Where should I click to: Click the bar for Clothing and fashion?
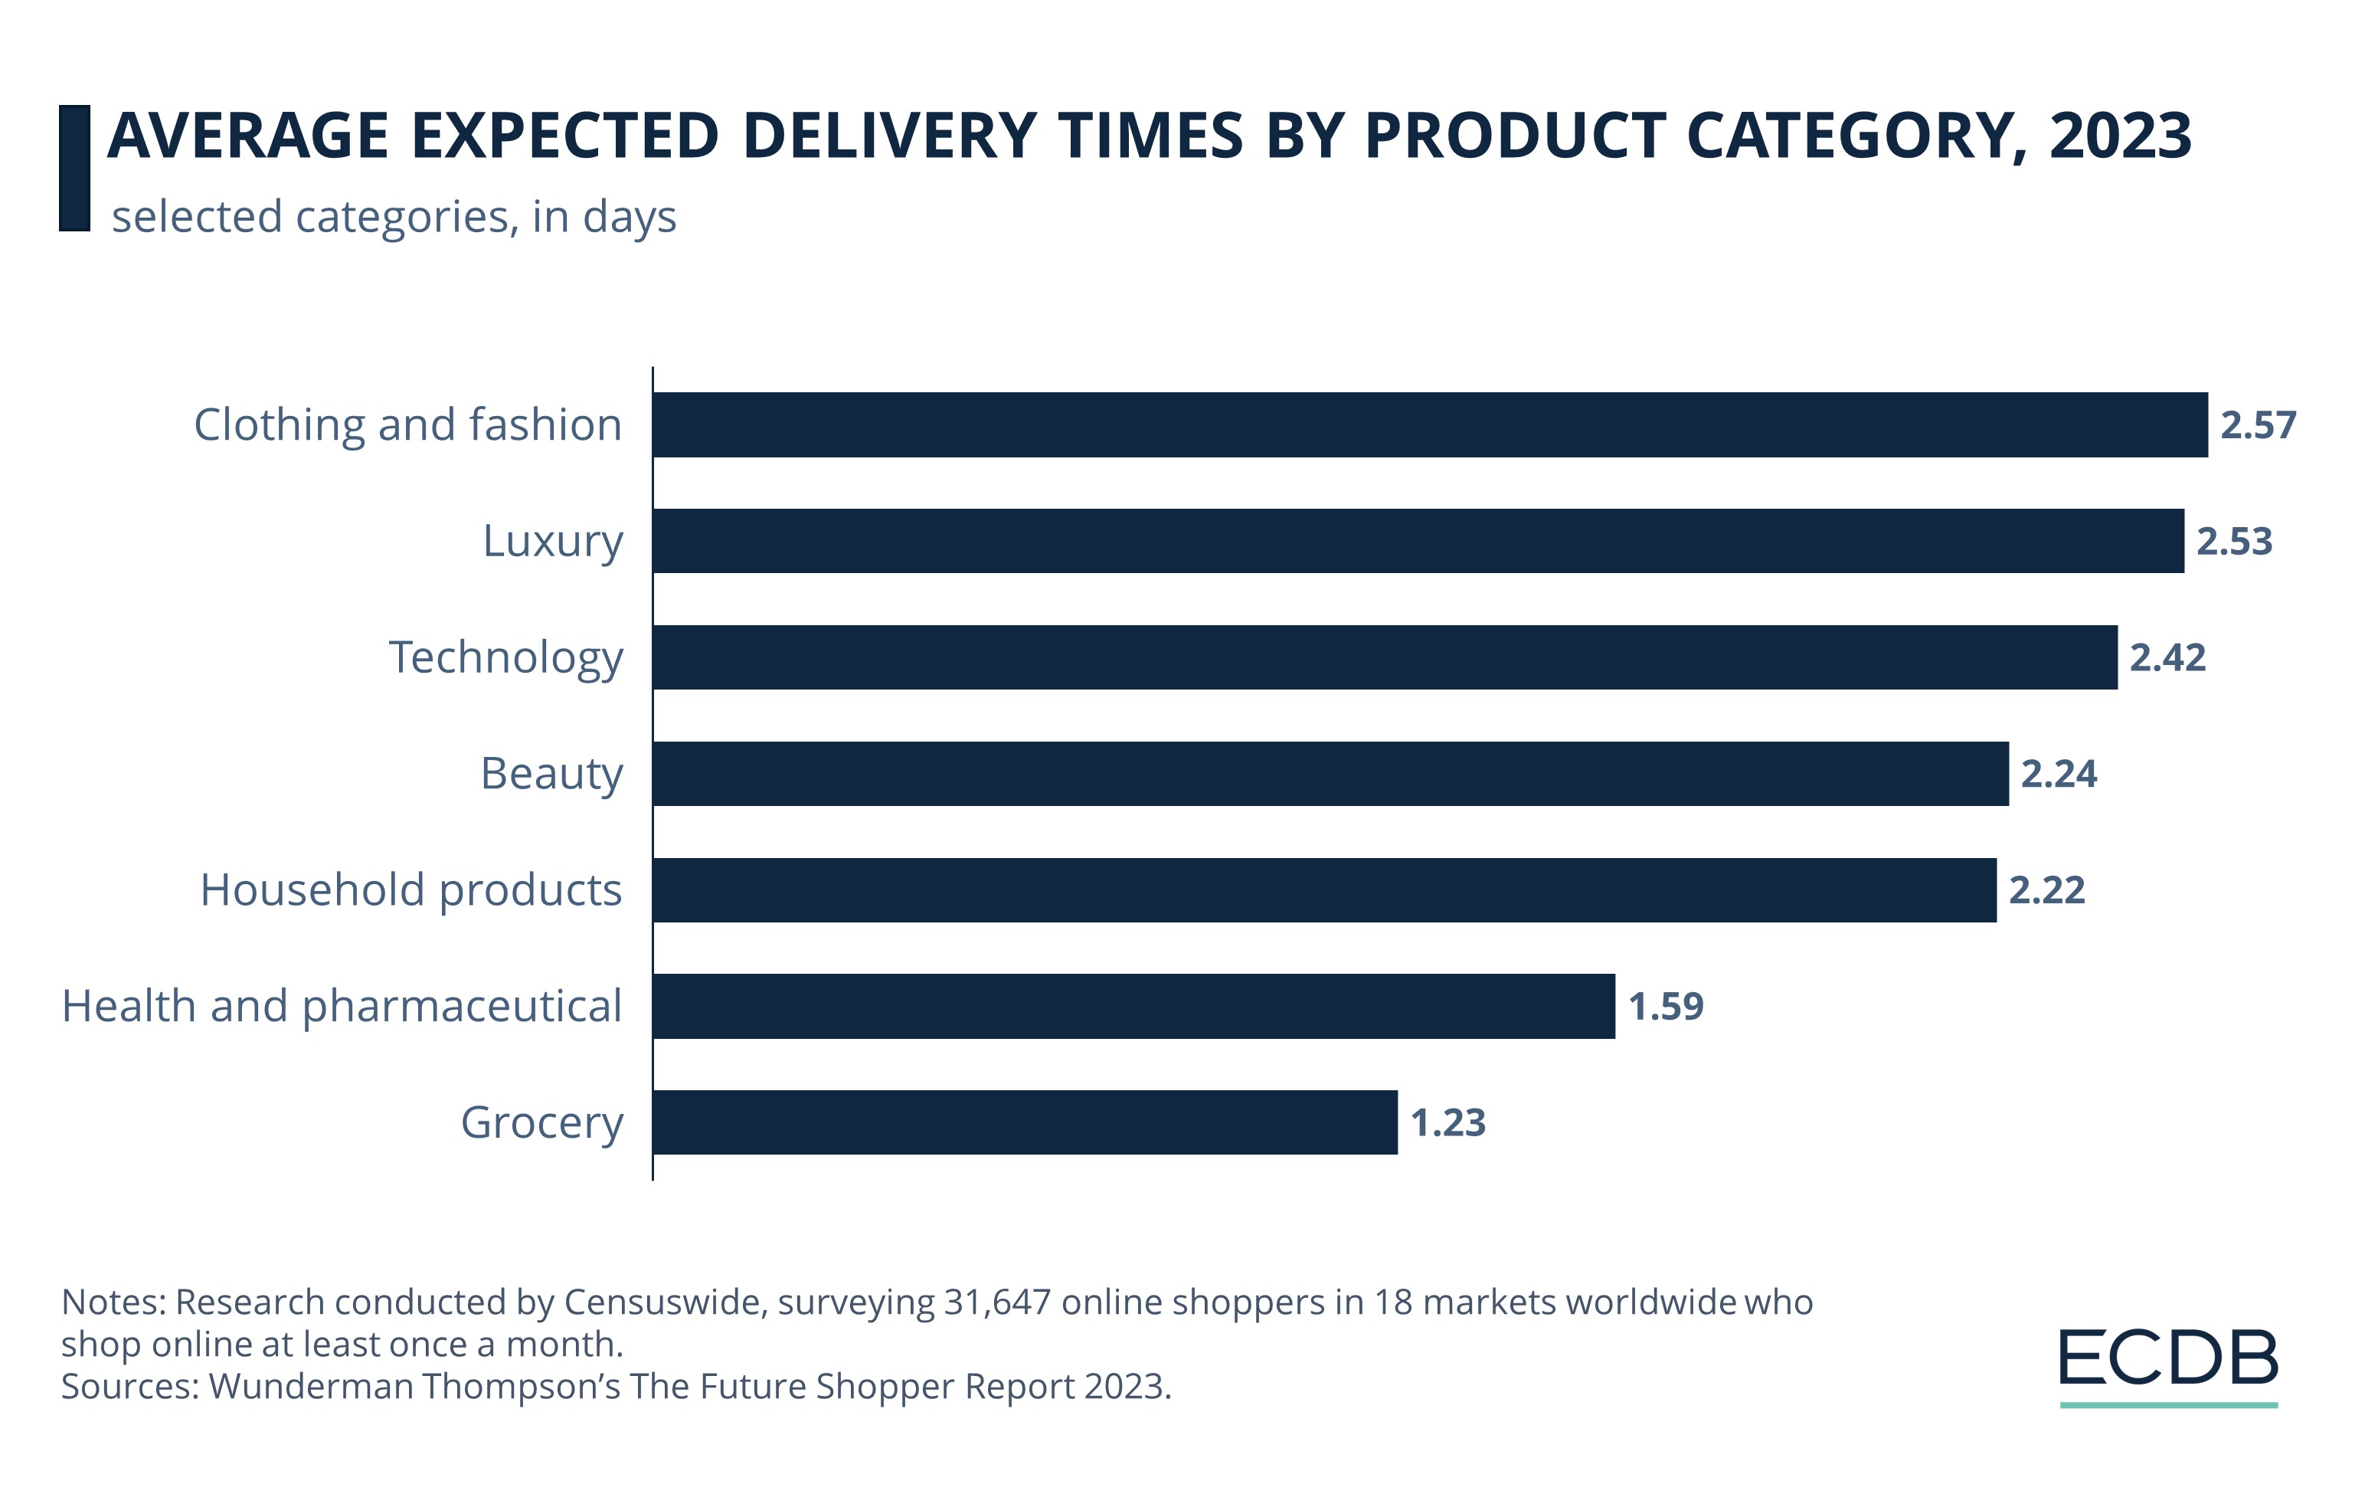1429,424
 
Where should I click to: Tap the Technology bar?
1384,657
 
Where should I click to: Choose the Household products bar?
1324,890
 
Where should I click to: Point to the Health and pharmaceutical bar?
1133,1006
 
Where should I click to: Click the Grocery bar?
1025,1122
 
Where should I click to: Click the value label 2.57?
2258,425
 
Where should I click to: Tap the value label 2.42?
2167,657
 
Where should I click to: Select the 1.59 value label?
1666,1006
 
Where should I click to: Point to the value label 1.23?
1447,1122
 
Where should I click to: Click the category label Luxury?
553,541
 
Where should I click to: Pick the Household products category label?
411,890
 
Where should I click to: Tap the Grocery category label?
542,1122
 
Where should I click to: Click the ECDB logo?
2167,1363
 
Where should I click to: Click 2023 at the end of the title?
2119,136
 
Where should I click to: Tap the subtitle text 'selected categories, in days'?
394,217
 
